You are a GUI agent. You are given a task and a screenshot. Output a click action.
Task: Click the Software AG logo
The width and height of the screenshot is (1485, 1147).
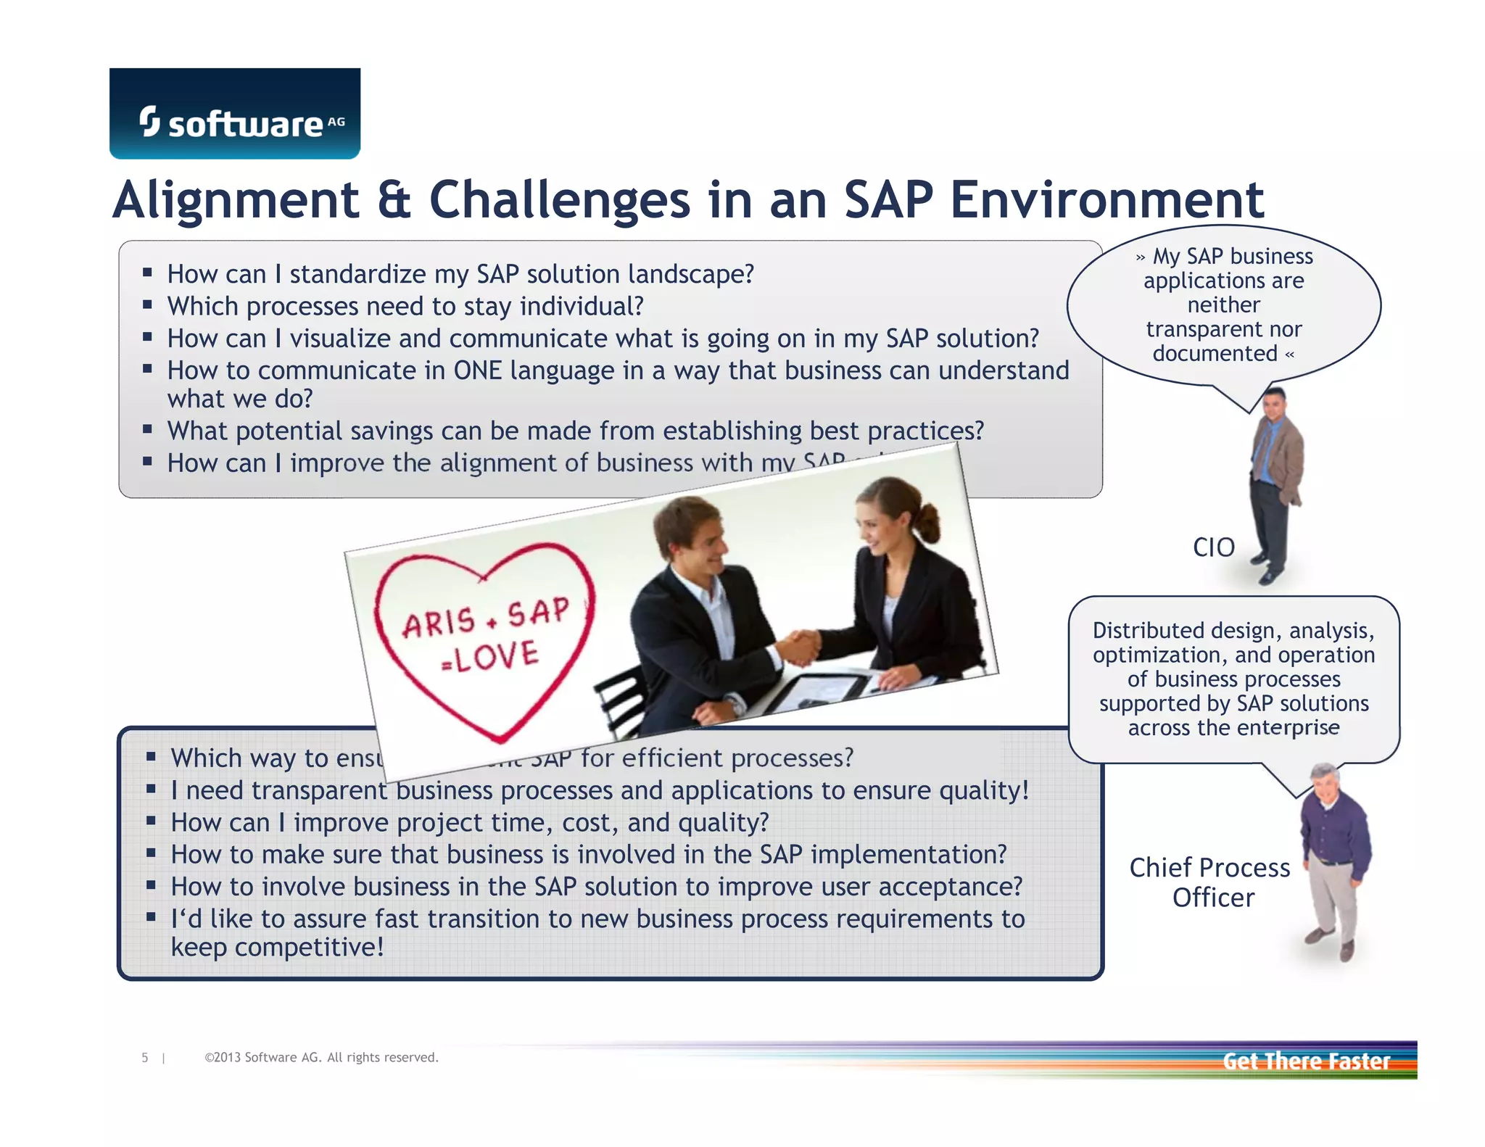[x=234, y=115]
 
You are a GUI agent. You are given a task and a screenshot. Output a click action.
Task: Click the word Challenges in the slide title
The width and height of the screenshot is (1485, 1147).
[x=559, y=200]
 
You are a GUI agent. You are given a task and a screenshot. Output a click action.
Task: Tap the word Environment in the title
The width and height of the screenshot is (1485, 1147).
[x=1106, y=200]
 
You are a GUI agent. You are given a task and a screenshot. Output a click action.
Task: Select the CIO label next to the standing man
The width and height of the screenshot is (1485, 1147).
[x=1213, y=547]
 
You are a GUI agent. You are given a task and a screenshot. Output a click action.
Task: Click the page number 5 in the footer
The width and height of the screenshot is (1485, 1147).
[x=145, y=1058]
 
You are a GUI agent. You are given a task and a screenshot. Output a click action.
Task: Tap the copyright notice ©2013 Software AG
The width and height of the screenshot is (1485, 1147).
[x=321, y=1058]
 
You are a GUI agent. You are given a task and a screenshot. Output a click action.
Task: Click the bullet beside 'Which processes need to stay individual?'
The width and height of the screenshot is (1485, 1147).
[x=147, y=305]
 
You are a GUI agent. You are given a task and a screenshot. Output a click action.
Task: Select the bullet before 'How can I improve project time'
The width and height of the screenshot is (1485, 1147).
[x=151, y=821]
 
